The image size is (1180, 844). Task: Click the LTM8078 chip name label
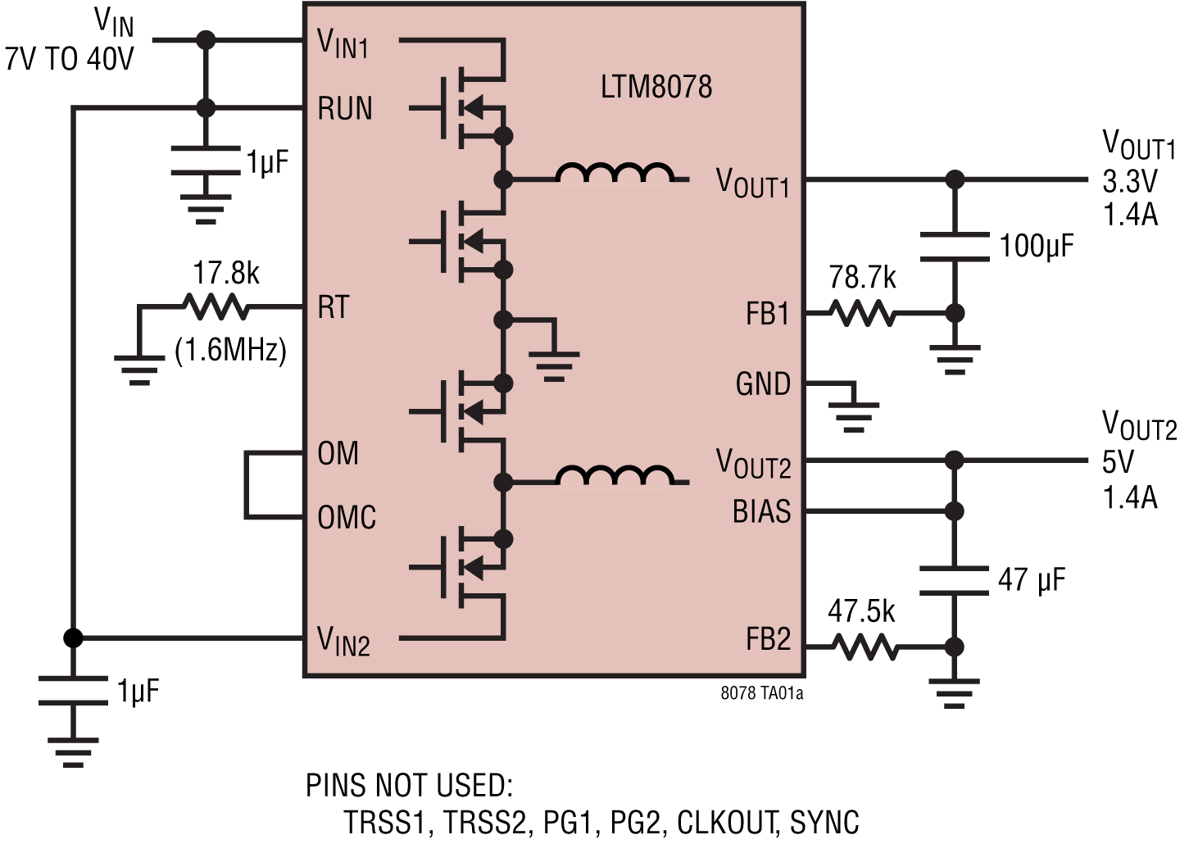coord(656,86)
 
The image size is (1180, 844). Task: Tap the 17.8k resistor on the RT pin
coord(216,307)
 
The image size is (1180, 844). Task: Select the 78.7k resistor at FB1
coord(861,313)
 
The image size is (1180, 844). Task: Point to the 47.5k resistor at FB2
coord(865,647)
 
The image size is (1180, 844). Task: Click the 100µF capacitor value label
coord(1036,246)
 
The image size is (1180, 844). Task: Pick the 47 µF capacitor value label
coord(1032,580)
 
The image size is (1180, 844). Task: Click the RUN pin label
coord(345,108)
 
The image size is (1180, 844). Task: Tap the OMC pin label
coord(347,518)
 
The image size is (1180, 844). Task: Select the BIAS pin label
coord(761,511)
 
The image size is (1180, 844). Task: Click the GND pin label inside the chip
coord(763,383)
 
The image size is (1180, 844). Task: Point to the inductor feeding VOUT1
coord(615,173)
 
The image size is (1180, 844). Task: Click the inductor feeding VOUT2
coord(615,476)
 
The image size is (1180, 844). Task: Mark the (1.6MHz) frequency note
coord(230,350)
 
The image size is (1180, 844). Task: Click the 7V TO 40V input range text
coord(69,59)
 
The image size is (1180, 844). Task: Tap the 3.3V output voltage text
coord(1129,180)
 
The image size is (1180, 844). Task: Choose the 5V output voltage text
coord(1118,462)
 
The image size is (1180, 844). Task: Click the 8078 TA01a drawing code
coord(761,693)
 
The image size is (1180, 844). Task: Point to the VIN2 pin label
coord(343,640)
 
